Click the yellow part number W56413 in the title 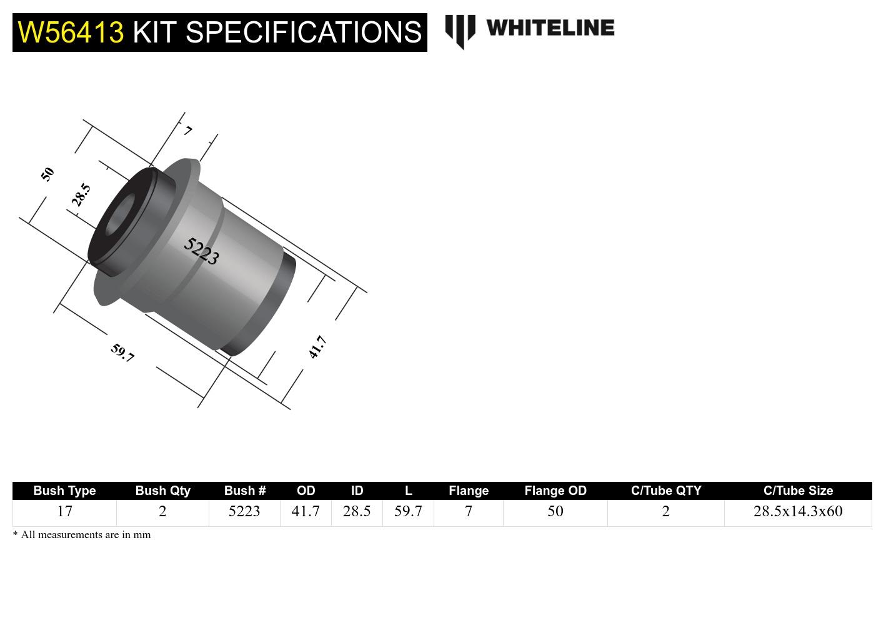tap(71, 32)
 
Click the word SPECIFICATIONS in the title tap(304, 32)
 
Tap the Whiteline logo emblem tap(460, 31)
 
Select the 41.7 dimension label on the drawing tap(317, 347)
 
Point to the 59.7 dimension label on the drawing tap(122, 353)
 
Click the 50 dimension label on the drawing tap(47, 174)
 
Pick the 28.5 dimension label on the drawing tap(81, 195)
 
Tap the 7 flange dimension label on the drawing tap(187, 131)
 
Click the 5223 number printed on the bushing tap(201, 251)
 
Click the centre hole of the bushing tap(121, 216)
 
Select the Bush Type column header tap(64, 491)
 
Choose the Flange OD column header tap(555, 491)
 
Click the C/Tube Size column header tap(798, 491)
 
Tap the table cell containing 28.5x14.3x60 tap(798, 511)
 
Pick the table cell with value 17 tap(64, 511)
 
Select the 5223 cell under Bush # tap(244, 511)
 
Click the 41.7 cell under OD tap(306, 511)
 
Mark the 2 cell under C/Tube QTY tap(665, 511)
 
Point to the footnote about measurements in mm tap(82, 535)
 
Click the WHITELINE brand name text tap(550, 28)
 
